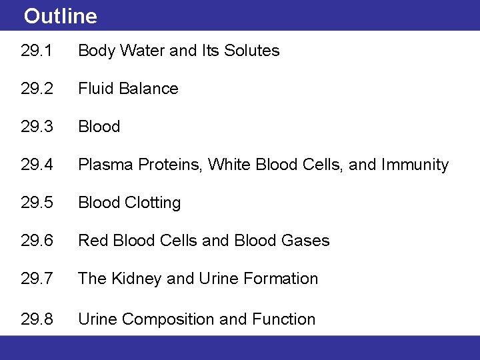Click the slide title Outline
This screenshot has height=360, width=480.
(x=60, y=16)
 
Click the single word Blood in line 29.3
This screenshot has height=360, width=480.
(x=99, y=127)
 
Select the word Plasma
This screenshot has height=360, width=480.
(x=105, y=165)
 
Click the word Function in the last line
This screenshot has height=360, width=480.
(x=283, y=319)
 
